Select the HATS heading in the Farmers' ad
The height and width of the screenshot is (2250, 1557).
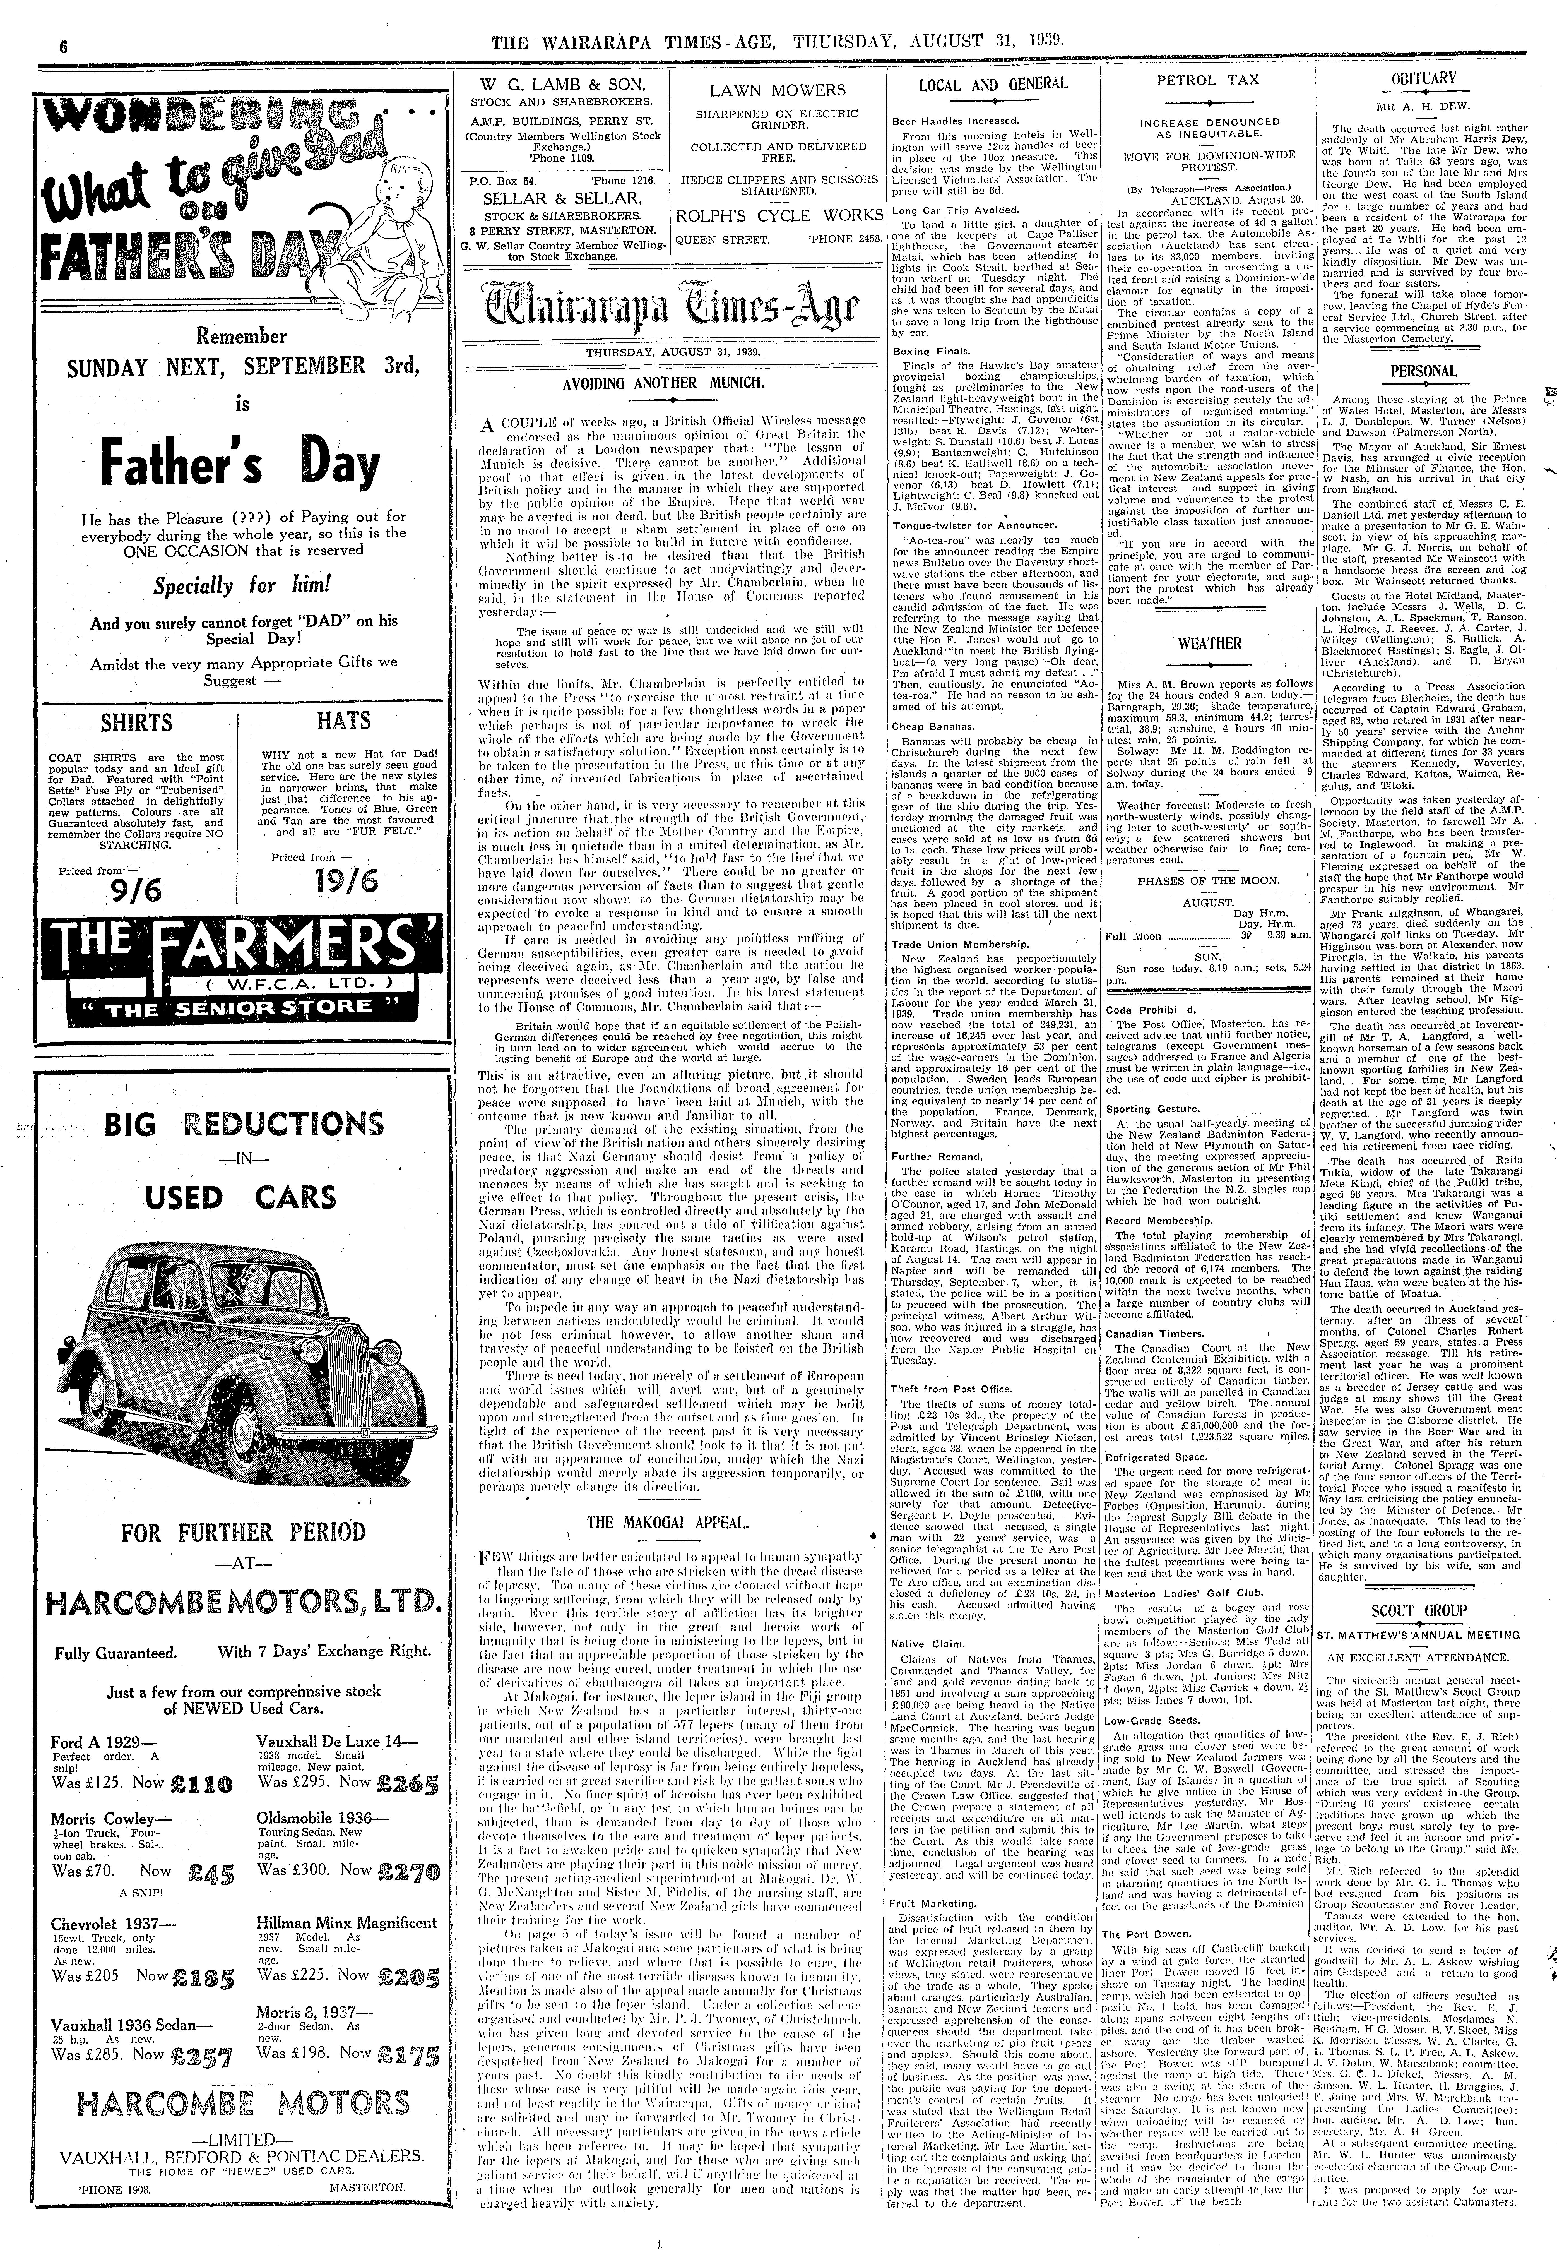click(x=343, y=720)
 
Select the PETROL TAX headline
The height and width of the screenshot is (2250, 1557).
click(x=1207, y=80)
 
